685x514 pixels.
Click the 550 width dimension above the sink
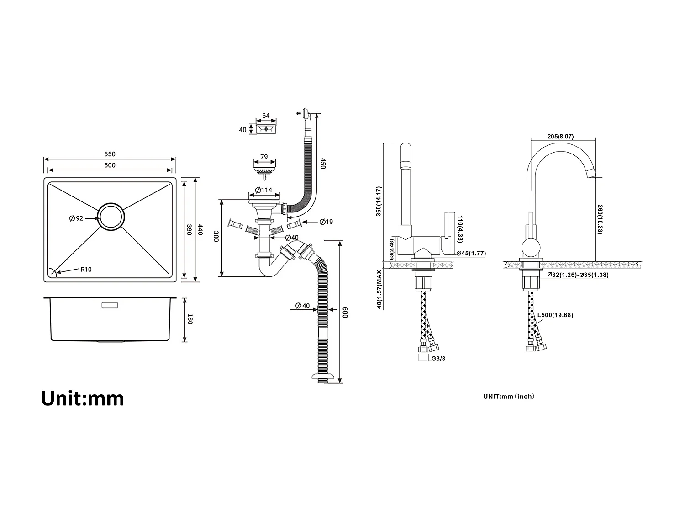110,154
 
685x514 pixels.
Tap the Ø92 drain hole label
76,218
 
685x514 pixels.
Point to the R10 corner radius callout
86,270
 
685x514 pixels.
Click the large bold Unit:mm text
83,398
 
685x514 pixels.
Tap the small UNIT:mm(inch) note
509,397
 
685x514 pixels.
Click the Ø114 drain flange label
263,190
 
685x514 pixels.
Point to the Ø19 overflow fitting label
326,222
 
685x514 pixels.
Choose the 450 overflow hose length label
322,164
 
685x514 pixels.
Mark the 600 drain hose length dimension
346,313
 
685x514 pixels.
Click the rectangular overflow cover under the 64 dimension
266,130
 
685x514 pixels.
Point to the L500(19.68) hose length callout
555,315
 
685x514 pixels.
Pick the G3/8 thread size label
438,359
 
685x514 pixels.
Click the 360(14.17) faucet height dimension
379,201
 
